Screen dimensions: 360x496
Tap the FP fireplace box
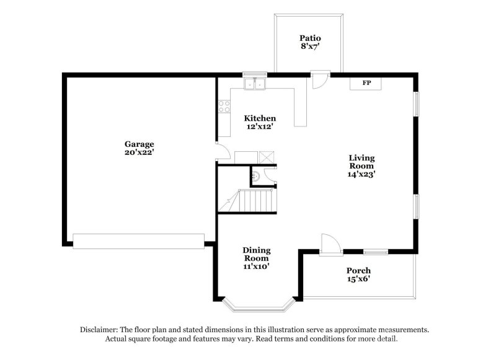(366, 83)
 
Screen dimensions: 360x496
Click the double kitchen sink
(255, 84)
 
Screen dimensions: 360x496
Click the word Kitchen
(260, 118)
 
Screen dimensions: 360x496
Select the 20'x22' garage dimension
(139, 152)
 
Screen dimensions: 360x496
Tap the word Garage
(139, 144)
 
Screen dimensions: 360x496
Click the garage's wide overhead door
(138, 241)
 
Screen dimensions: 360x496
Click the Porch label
(358, 271)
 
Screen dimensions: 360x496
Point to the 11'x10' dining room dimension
(256, 267)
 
